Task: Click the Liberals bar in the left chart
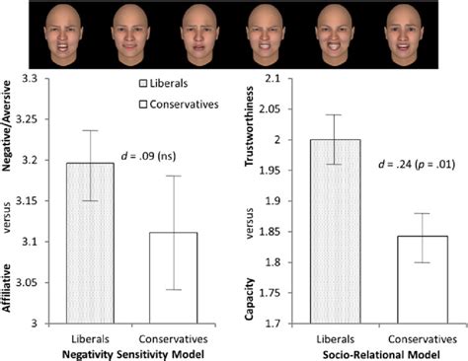coord(91,243)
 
